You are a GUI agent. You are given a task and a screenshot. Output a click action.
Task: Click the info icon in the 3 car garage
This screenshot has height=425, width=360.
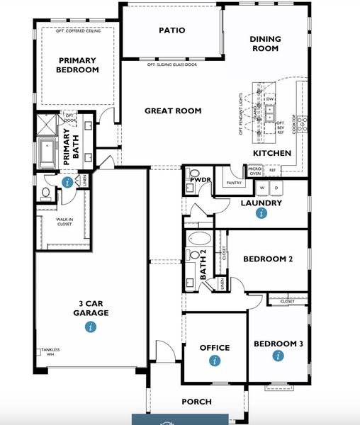[x=91, y=327]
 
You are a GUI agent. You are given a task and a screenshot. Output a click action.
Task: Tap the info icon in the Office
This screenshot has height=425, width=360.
[x=215, y=361]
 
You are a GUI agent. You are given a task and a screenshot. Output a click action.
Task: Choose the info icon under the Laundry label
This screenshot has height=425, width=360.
[x=261, y=213]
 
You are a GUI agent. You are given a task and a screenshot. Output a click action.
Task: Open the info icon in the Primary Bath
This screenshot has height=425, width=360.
[x=67, y=182]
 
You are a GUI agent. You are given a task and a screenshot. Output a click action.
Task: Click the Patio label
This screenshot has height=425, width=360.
[x=171, y=30]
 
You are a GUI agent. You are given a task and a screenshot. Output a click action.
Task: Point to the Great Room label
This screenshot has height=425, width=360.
[x=173, y=110]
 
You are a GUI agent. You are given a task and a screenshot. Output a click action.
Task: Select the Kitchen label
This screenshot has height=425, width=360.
[x=272, y=153]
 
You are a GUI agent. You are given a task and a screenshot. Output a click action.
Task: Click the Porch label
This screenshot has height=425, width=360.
[x=196, y=402]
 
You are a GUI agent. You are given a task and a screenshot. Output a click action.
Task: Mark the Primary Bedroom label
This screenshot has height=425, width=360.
[x=79, y=65]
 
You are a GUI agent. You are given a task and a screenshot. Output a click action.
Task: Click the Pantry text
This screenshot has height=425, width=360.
[x=234, y=183]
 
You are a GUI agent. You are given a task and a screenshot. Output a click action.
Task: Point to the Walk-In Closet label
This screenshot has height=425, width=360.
[x=66, y=222]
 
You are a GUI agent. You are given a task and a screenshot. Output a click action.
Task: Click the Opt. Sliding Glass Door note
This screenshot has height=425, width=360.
[x=171, y=64]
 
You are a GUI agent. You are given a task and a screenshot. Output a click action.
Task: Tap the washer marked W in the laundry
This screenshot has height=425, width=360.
[x=263, y=188]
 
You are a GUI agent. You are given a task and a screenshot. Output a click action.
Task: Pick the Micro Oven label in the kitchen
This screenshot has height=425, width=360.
[x=254, y=171]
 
